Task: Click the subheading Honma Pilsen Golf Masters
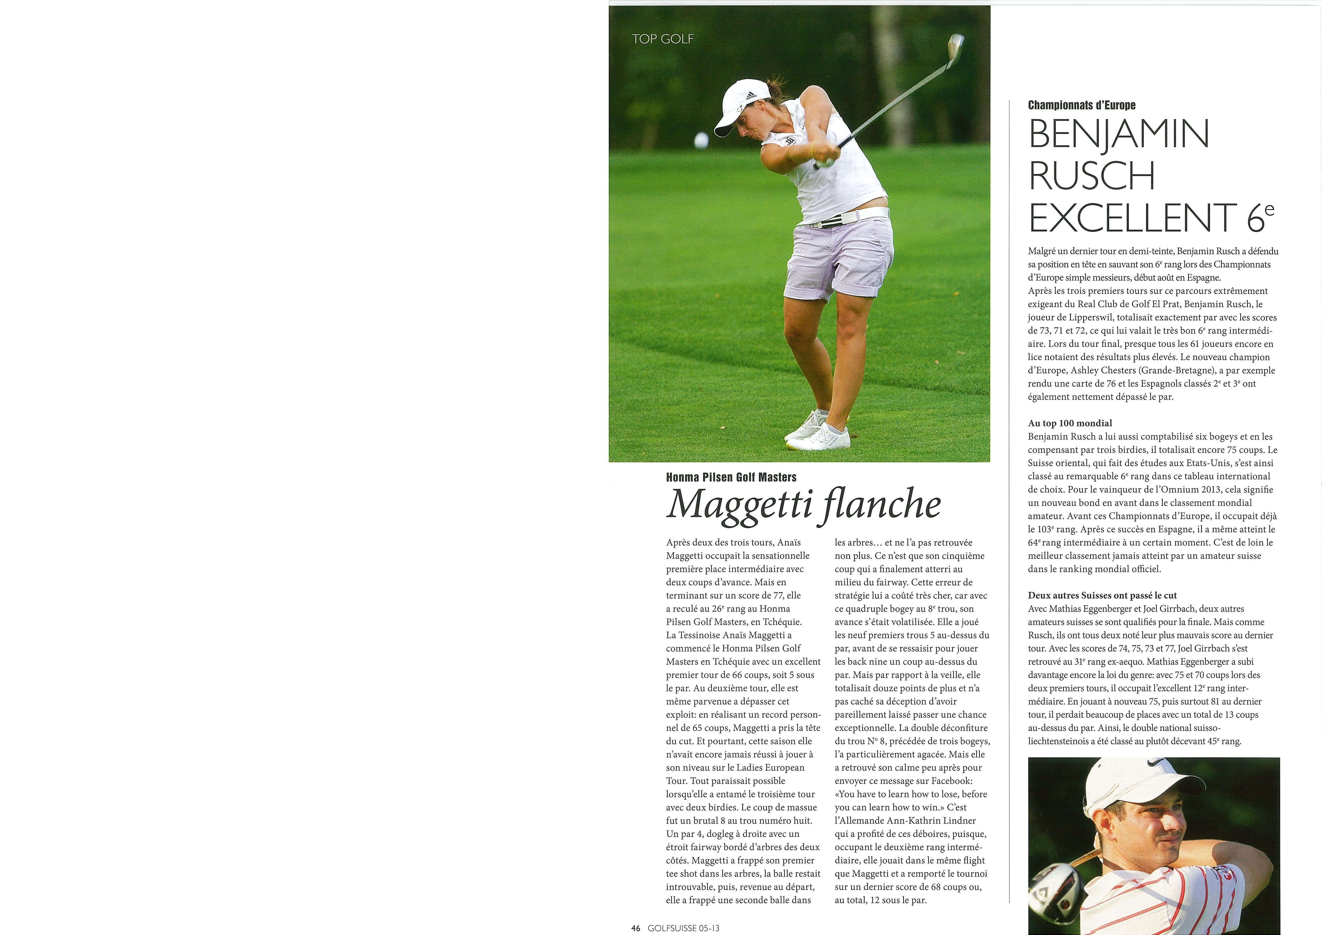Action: click(x=731, y=477)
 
